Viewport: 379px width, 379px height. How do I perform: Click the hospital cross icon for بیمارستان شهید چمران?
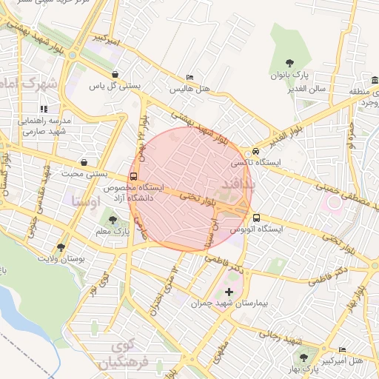coord(229,292)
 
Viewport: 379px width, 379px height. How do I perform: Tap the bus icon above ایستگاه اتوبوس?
coord(257,218)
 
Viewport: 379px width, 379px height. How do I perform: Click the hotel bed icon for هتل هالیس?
coord(190,77)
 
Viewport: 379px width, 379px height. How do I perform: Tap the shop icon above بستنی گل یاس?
coord(116,74)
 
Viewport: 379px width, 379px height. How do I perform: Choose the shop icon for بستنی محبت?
coord(84,162)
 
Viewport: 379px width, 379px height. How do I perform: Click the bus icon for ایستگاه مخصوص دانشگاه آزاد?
coord(133,176)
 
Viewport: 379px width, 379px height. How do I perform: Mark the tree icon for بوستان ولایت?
coord(61,247)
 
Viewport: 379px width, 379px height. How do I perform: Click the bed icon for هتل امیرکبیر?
coord(342,349)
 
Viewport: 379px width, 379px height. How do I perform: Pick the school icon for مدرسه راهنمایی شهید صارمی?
coord(44,109)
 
